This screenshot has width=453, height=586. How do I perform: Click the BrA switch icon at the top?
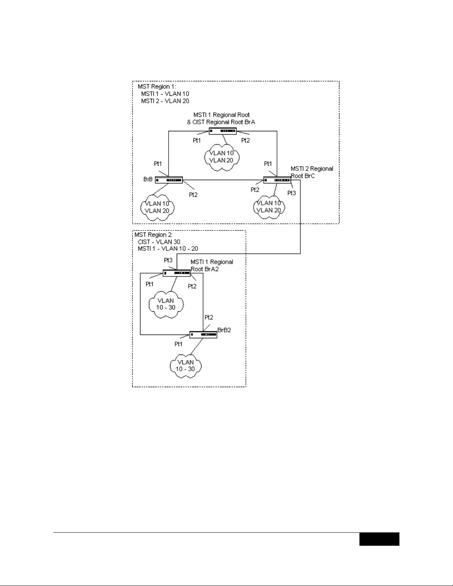(222, 131)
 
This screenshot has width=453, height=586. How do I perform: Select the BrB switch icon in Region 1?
(169, 180)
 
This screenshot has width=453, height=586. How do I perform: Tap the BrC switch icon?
(277, 180)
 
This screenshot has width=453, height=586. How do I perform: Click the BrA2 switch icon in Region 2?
(177, 273)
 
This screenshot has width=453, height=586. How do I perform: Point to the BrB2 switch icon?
(203, 335)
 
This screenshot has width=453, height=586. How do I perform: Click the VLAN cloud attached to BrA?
(222, 157)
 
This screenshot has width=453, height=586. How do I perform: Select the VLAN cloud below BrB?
(157, 207)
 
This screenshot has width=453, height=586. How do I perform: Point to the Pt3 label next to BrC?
(292, 193)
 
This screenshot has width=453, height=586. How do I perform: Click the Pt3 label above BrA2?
(168, 260)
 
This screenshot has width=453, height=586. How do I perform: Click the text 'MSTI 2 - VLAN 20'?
(165, 101)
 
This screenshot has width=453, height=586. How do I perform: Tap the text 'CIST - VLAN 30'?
(159, 242)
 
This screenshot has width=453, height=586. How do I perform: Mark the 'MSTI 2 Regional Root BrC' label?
(311, 172)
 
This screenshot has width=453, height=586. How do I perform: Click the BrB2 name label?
(224, 330)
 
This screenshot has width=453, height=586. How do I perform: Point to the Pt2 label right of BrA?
(246, 140)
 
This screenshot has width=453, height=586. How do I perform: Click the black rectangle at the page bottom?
(379, 539)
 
